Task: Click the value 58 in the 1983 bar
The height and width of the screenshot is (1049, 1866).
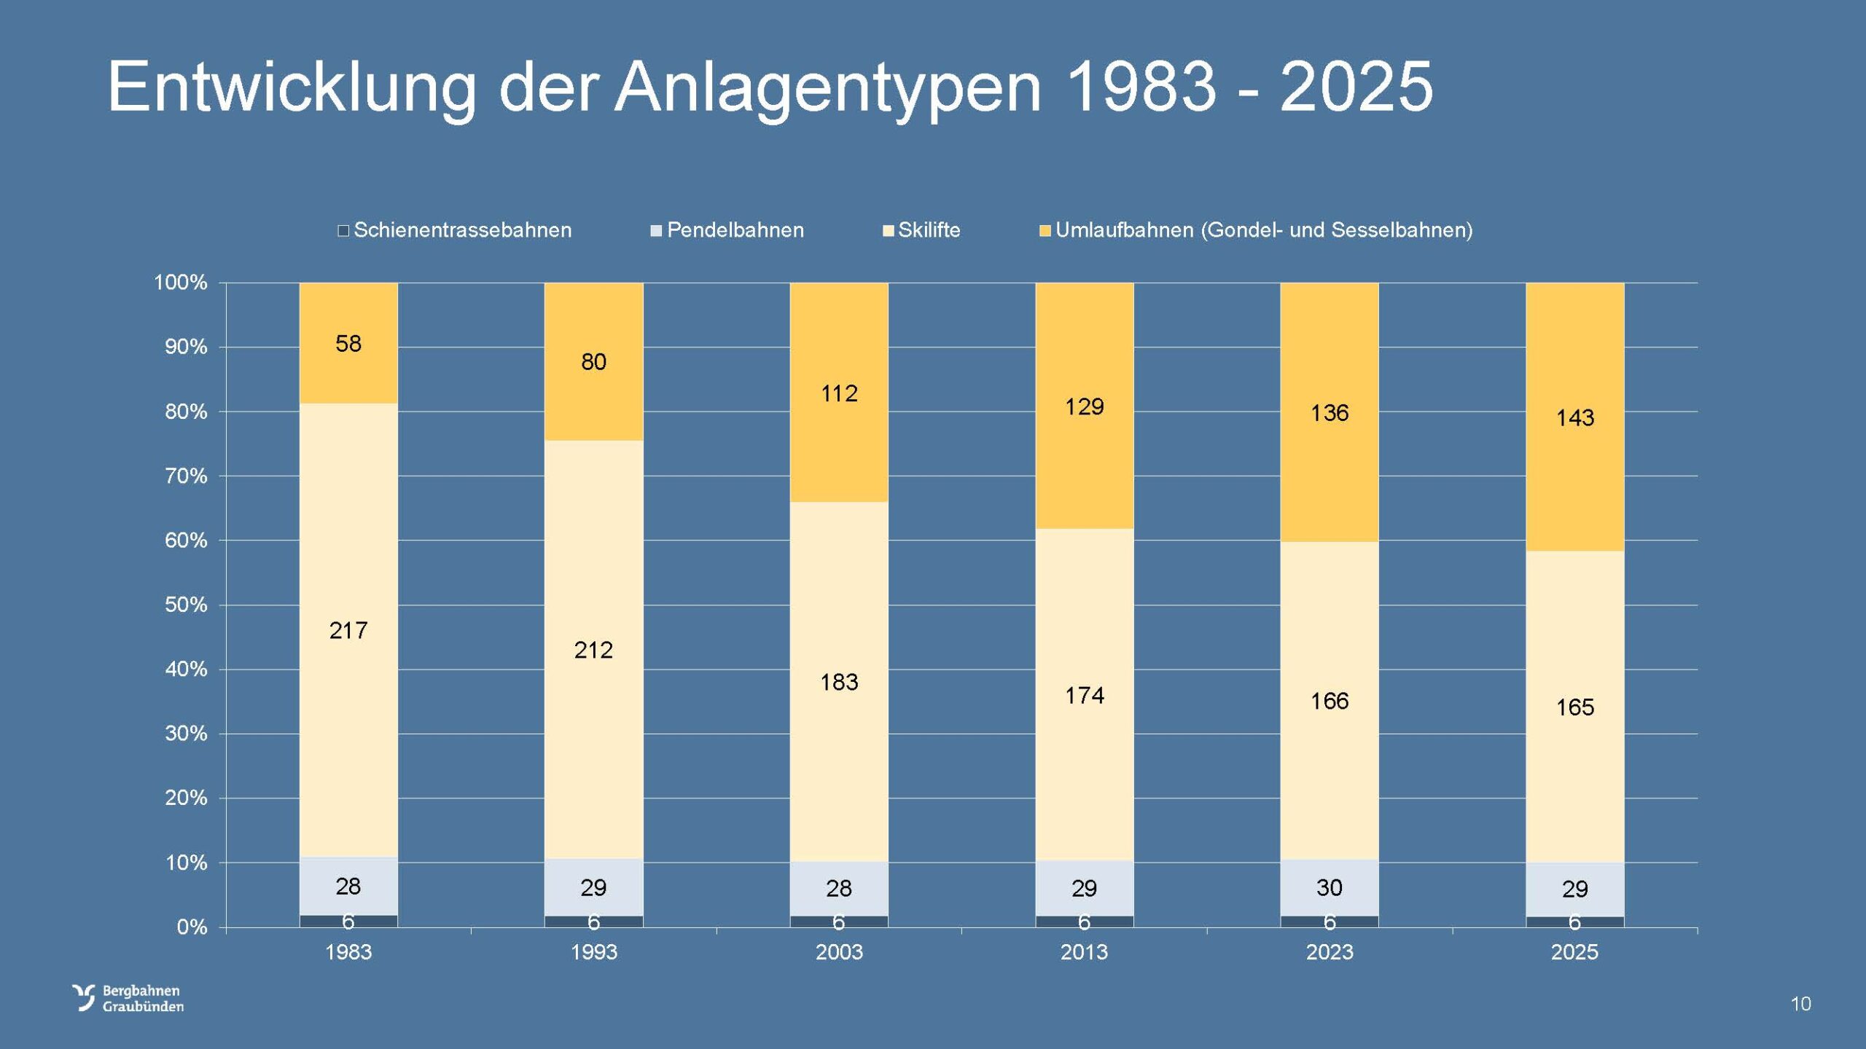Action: (348, 344)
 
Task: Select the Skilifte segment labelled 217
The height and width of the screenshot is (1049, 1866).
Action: (348, 631)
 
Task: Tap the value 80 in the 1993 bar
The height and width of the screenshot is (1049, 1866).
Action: (593, 362)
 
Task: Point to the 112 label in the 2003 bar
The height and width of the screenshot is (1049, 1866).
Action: (839, 394)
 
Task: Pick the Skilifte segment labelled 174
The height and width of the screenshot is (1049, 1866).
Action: (1084, 696)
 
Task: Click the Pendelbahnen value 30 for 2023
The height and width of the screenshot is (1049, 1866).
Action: (1330, 887)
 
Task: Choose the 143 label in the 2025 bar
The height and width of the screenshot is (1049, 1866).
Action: (1575, 418)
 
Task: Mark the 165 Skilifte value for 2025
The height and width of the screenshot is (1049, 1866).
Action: (1575, 707)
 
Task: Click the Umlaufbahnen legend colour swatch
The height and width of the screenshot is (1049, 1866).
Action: (1045, 231)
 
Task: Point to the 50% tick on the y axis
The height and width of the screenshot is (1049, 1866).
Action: (186, 605)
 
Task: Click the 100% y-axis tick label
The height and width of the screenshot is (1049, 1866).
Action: (181, 283)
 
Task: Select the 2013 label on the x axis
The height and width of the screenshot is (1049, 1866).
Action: (1084, 952)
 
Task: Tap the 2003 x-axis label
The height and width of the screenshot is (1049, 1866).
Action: (839, 952)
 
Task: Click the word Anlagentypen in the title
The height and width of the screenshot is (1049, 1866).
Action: (827, 87)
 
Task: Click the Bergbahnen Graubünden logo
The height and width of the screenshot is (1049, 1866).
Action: (128, 998)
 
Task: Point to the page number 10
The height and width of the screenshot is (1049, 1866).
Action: (1800, 1004)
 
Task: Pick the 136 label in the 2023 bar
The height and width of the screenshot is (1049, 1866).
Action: (1330, 413)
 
